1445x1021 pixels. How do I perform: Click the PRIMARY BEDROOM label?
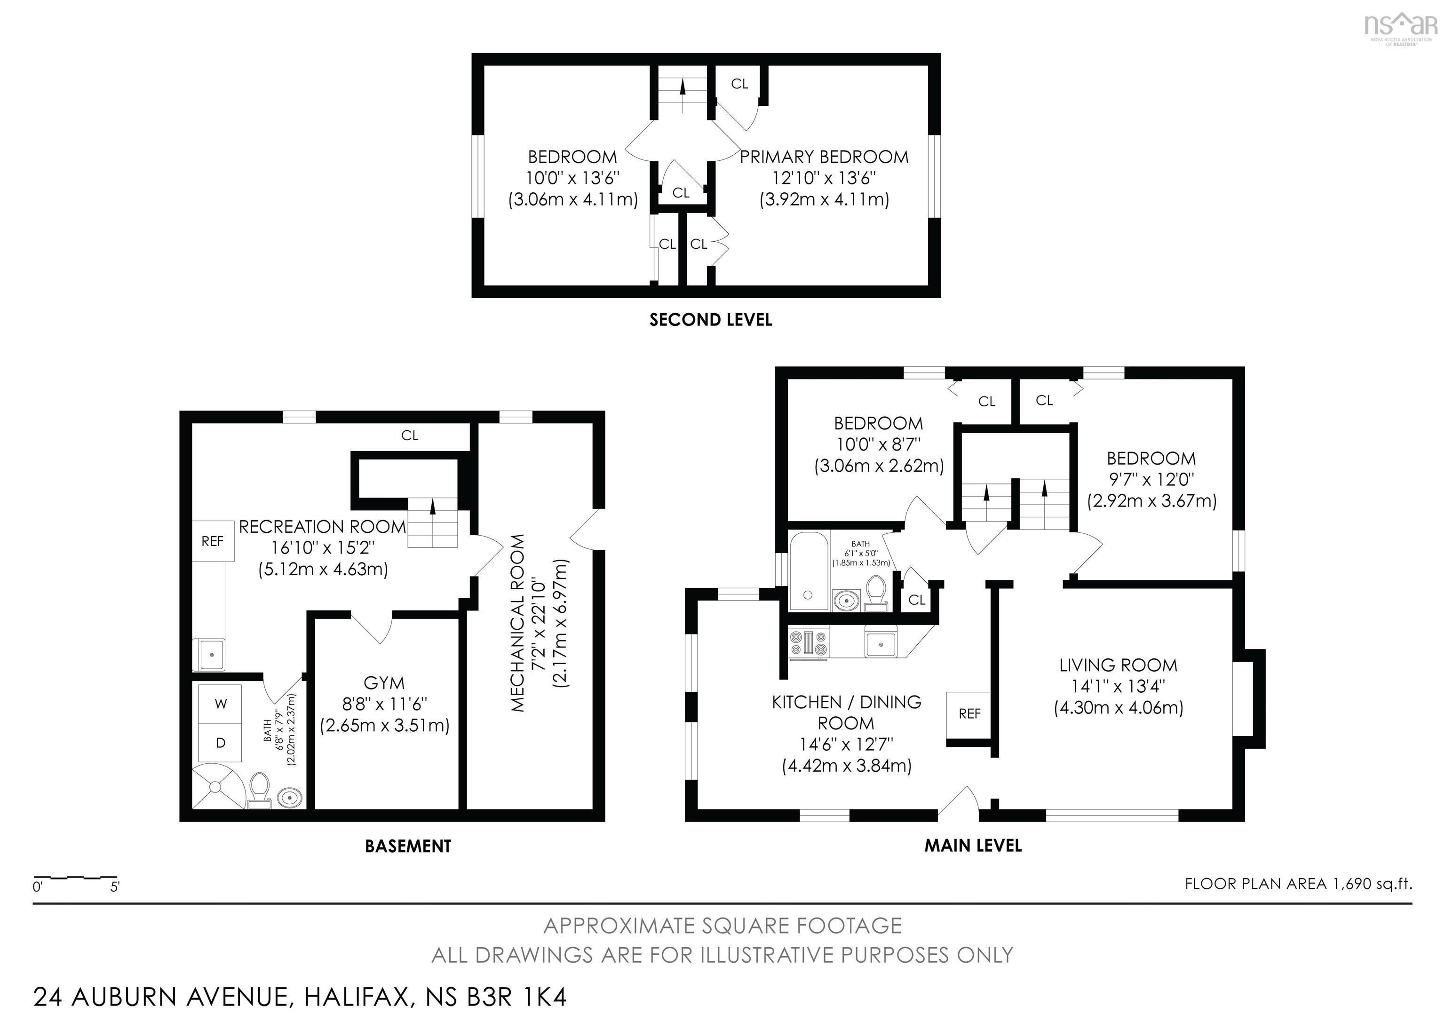823,157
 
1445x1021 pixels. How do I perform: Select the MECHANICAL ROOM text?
517,623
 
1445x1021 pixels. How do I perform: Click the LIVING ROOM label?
1118,665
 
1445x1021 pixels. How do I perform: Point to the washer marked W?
220,704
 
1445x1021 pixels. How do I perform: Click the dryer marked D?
220,743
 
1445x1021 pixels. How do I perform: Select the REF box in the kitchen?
969,713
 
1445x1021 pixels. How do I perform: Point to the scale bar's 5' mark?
115,887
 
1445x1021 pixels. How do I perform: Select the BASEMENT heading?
408,846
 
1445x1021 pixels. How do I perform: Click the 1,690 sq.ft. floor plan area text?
1372,884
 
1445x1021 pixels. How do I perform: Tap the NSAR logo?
1400,26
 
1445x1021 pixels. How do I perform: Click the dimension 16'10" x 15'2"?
323,548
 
